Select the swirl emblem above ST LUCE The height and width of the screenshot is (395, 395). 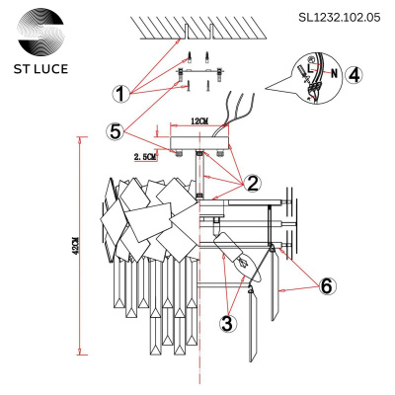click(x=40, y=30)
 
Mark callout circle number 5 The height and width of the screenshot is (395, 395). click(x=118, y=129)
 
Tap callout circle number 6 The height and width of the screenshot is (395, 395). click(x=328, y=286)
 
